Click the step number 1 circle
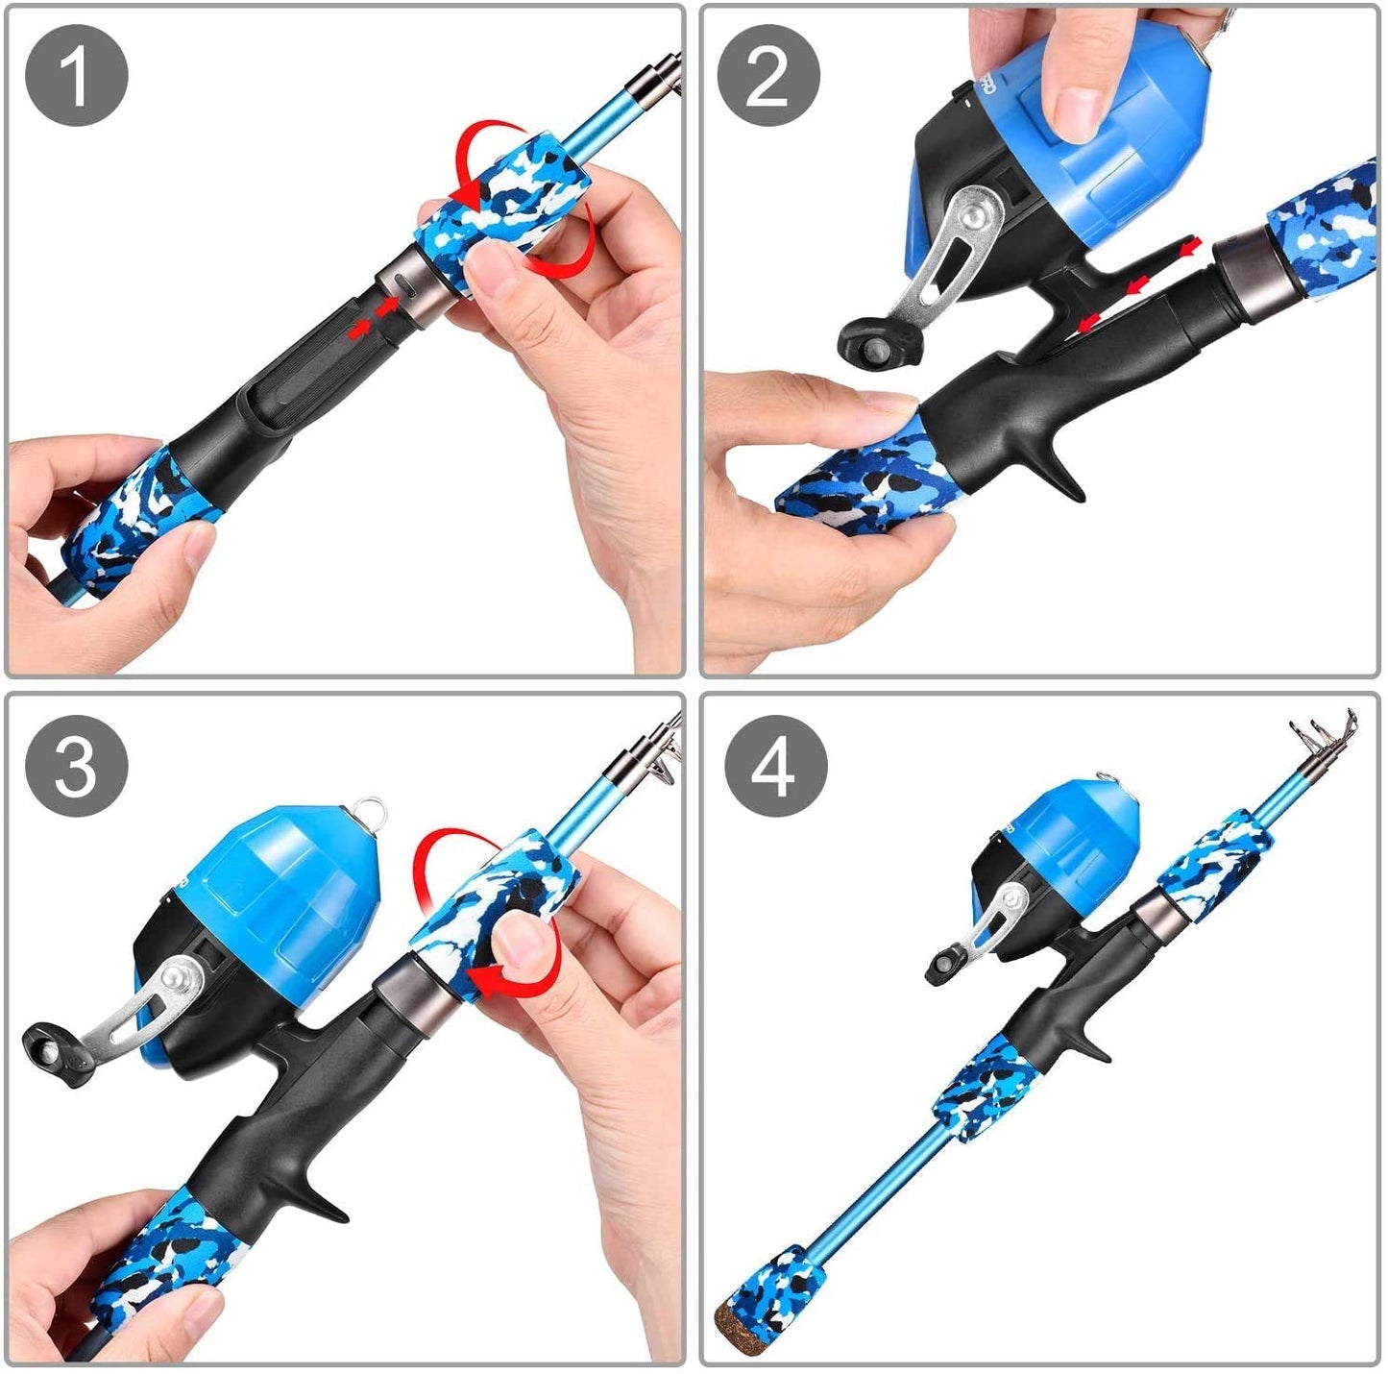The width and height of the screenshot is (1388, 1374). (76, 76)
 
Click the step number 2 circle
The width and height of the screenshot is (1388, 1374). (768, 76)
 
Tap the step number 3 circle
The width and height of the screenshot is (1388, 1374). (76, 767)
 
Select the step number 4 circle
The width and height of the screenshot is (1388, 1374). (775, 767)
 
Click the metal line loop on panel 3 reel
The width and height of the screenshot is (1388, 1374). (370, 813)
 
